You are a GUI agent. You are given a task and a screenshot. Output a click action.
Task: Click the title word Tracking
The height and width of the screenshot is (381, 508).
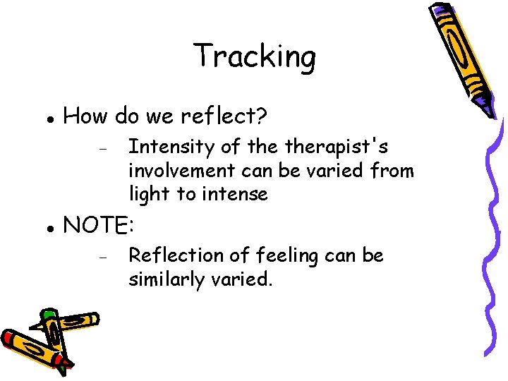[254, 56]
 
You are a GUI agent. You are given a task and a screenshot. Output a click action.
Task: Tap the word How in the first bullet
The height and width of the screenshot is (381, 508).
[84, 116]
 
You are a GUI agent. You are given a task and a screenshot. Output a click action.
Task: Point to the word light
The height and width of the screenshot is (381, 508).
[146, 193]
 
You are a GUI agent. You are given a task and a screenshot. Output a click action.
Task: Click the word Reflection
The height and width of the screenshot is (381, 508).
[172, 255]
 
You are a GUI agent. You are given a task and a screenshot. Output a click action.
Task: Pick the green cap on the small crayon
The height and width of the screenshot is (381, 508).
[49, 314]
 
